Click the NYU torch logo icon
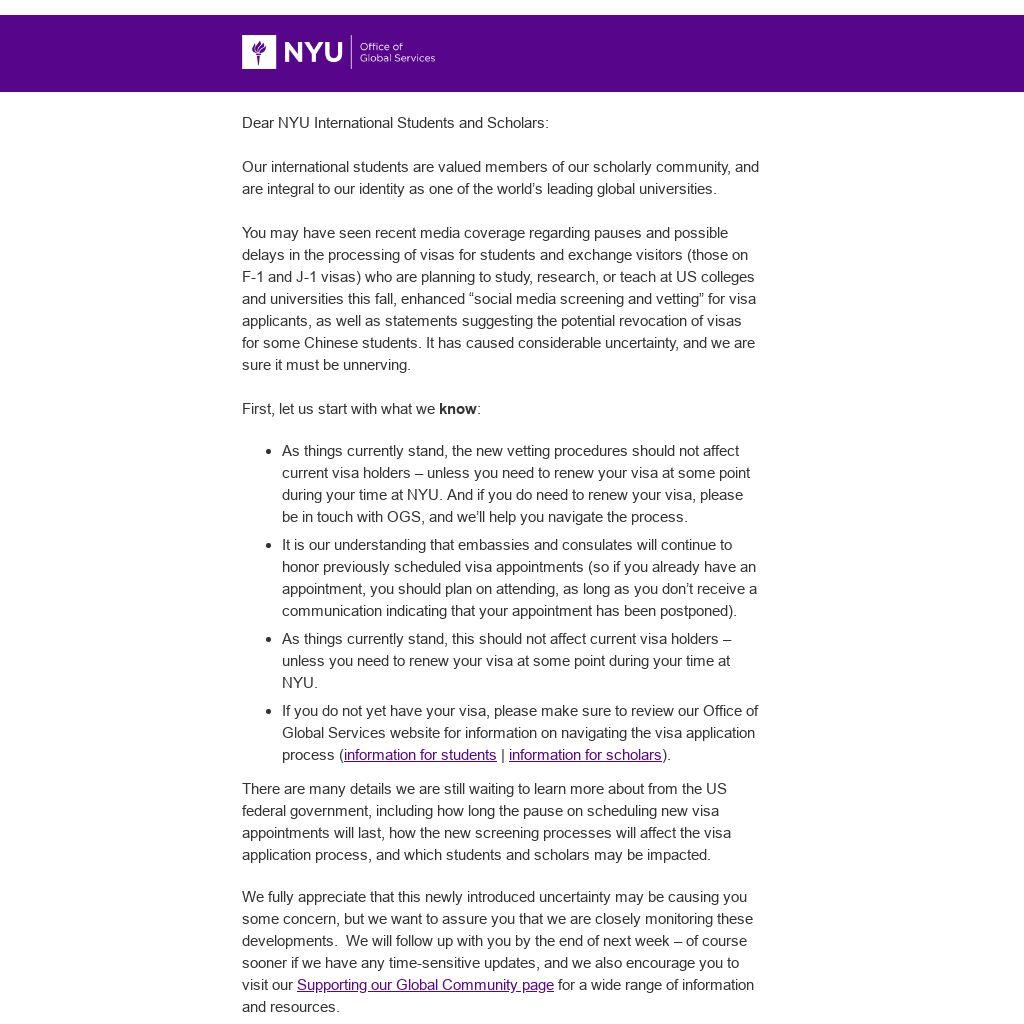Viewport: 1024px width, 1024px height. pyautogui.click(x=259, y=52)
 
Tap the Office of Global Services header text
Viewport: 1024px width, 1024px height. pyautogui.click(x=397, y=52)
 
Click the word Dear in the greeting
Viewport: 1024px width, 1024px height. pyautogui.click(x=258, y=123)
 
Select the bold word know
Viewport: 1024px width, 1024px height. pyautogui.click(x=458, y=409)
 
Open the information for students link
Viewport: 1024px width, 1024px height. pyautogui.click(x=420, y=755)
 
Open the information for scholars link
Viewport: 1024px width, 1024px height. pyautogui.click(x=585, y=755)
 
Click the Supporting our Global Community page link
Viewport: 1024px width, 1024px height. pyautogui.click(x=425, y=985)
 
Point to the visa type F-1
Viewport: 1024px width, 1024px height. pyautogui.click(x=254, y=277)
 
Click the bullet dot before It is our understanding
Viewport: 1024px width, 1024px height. pyautogui.click(x=269, y=545)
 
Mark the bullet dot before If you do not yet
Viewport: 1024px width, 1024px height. pyautogui.click(x=269, y=711)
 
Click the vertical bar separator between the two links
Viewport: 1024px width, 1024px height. pyautogui.click(x=503, y=755)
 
